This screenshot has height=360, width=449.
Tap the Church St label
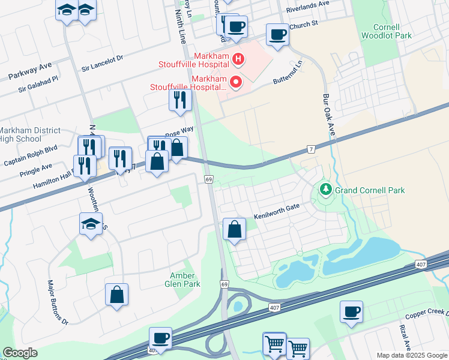pyautogui.click(x=303, y=25)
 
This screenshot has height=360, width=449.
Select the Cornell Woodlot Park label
pyautogui.click(x=386, y=31)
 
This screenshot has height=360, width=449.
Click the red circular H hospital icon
pyautogui.click(x=238, y=59)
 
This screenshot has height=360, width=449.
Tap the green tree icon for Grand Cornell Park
pyautogui.click(x=326, y=190)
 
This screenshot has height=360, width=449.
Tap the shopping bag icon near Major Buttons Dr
pyautogui.click(x=116, y=294)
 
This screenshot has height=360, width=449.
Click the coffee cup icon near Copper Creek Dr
pyautogui.click(x=351, y=312)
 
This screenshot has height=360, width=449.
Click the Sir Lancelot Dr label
pyautogui.click(x=102, y=58)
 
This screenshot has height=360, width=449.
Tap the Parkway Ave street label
pyautogui.click(x=30, y=72)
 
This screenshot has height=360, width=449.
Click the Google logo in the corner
pyautogui.click(x=20, y=353)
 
